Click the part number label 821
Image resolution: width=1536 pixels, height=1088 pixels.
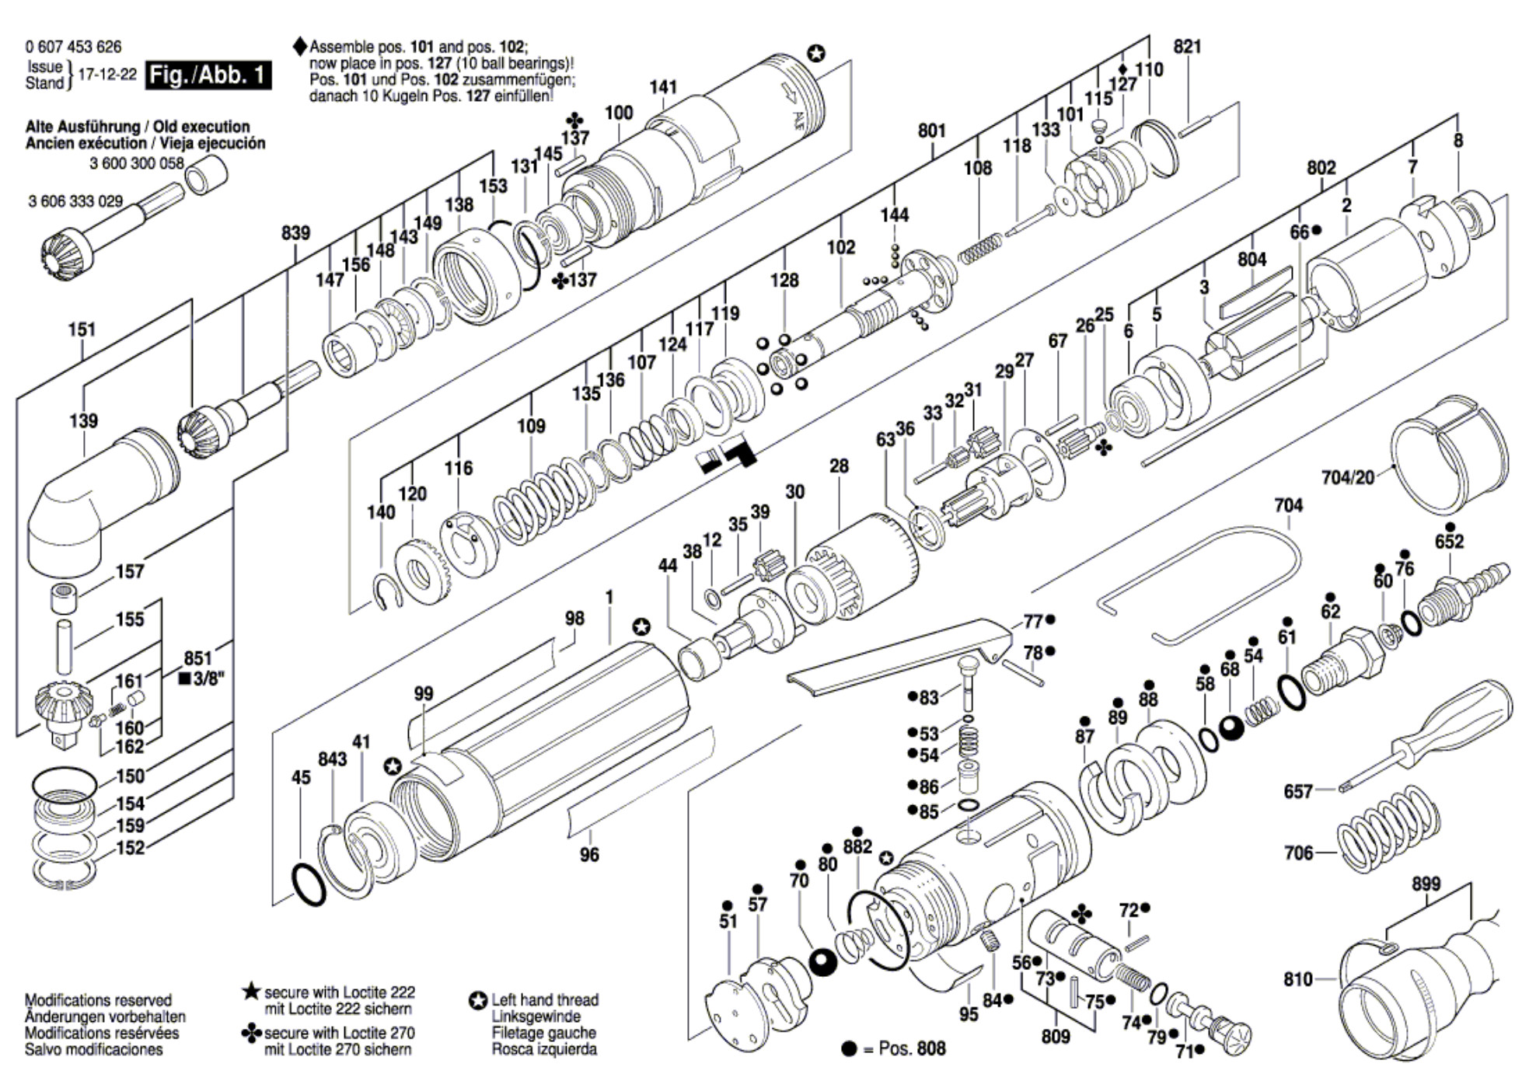tap(1187, 47)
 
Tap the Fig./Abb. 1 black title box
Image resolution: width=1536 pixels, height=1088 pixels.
tap(208, 75)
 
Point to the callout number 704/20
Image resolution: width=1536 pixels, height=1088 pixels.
tap(1348, 477)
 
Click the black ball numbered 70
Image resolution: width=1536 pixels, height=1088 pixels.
tap(821, 963)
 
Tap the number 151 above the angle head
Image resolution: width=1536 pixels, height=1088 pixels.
tap(82, 330)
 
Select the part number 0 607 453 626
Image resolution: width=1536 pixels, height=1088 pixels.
tap(73, 47)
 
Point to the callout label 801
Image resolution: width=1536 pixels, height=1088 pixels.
tap(931, 131)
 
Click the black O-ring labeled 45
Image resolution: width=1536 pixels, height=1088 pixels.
tap(309, 884)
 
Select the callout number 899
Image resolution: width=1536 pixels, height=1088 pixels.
tap(1426, 884)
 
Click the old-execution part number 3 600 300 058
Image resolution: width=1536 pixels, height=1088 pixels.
tap(137, 163)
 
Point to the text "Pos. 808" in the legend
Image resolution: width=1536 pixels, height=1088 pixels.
tap(912, 1048)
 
